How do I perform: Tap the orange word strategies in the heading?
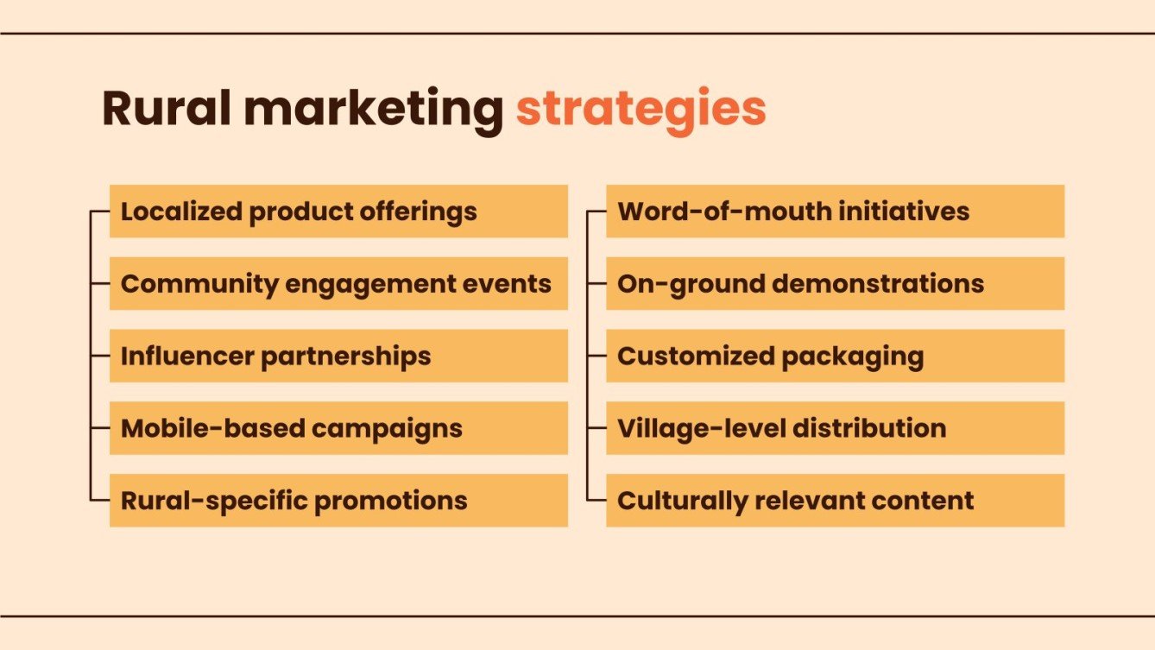(x=641, y=110)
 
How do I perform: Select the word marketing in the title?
(x=374, y=110)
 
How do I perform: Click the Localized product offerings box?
(x=338, y=211)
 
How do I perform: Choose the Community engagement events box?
(x=338, y=284)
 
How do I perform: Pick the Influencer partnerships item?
(x=338, y=357)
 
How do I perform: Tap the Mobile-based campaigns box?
(x=338, y=428)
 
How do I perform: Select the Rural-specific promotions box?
(x=338, y=501)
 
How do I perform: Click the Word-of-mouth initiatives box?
(x=835, y=211)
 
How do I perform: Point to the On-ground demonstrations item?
(x=835, y=284)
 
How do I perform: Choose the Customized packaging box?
(x=835, y=357)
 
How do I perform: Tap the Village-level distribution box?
(x=835, y=428)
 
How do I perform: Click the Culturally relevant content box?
(x=835, y=501)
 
